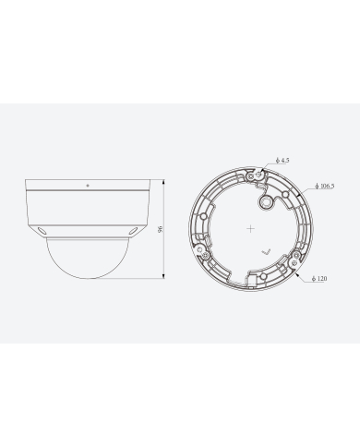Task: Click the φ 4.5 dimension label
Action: [x=282, y=160]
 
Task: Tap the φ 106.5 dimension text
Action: [x=325, y=186]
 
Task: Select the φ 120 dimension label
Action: [x=319, y=278]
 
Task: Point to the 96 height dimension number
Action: [x=160, y=229]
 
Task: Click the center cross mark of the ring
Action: [x=251, y=229]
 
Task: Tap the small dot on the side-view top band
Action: [x=88, y=186]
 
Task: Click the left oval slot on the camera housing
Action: [x=41, y=230]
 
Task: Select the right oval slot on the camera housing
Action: [x=134, y=230]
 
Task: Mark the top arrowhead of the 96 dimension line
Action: [x=163, y=182]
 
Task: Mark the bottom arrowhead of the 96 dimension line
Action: [x=163, y=275]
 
